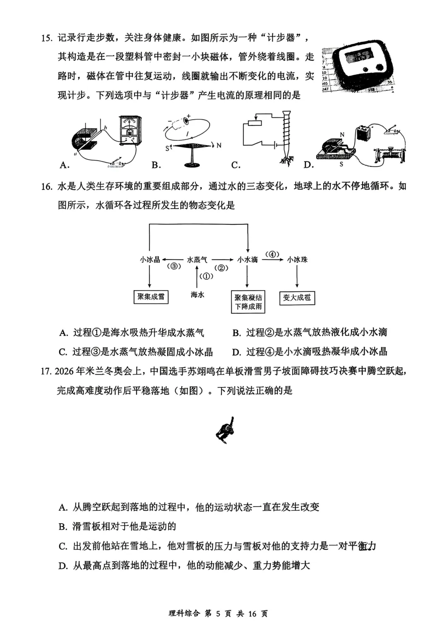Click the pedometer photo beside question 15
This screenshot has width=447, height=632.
point(358,64)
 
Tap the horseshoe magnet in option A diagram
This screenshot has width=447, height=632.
point(84,139)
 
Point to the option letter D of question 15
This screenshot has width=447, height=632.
point(309,165)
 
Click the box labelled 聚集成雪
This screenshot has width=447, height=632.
point(151,297)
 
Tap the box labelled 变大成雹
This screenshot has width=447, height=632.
point(297,298)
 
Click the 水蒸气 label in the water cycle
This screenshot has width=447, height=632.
point(197,260)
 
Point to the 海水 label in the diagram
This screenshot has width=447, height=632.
point(197,295)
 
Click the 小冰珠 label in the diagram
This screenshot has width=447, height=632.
point(297,260)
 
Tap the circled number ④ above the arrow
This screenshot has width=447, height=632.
point(272,254)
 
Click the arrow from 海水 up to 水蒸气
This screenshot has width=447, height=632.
point(197,277)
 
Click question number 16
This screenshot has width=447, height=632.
point(46,186)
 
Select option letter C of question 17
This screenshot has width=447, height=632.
point(63,546)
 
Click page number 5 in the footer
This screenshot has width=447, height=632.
point(219,613)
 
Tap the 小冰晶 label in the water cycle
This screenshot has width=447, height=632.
point(150,260)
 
